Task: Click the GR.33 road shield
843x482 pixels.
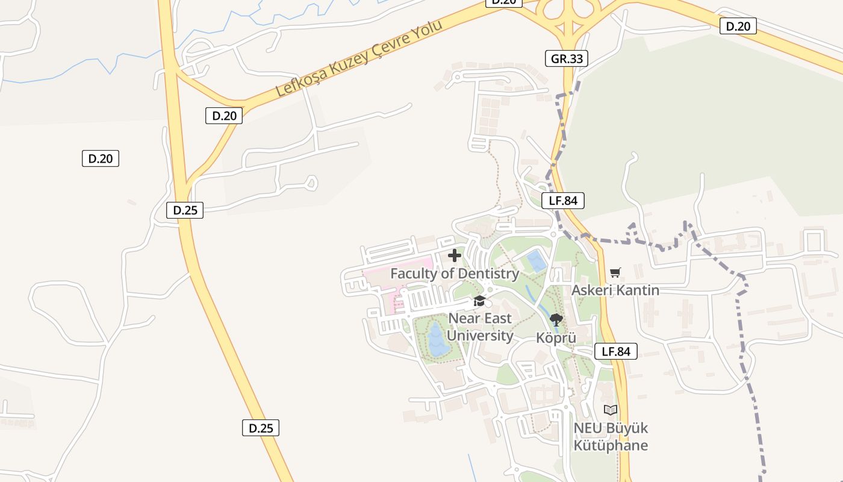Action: click(x=566, y=58)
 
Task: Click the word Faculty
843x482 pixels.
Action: click(x=412, y=274)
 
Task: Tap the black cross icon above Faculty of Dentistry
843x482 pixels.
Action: click(x=455, y=255)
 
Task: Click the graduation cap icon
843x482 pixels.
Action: click(x=479, y=301)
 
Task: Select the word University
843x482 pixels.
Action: click(x=481, y=336)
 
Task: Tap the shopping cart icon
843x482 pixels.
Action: click(x=615, y=273)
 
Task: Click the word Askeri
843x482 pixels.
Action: click(x=592, y=290)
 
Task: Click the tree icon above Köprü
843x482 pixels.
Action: click(x=556, y=320)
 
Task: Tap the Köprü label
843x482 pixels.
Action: click(x=556, y=338)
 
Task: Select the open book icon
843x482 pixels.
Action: click(x=611, y=410)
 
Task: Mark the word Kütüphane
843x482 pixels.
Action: click(x=611, y=446)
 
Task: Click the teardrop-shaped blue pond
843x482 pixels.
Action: click(x=437, y=340)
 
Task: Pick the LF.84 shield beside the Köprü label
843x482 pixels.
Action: click(x=615, y=351)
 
